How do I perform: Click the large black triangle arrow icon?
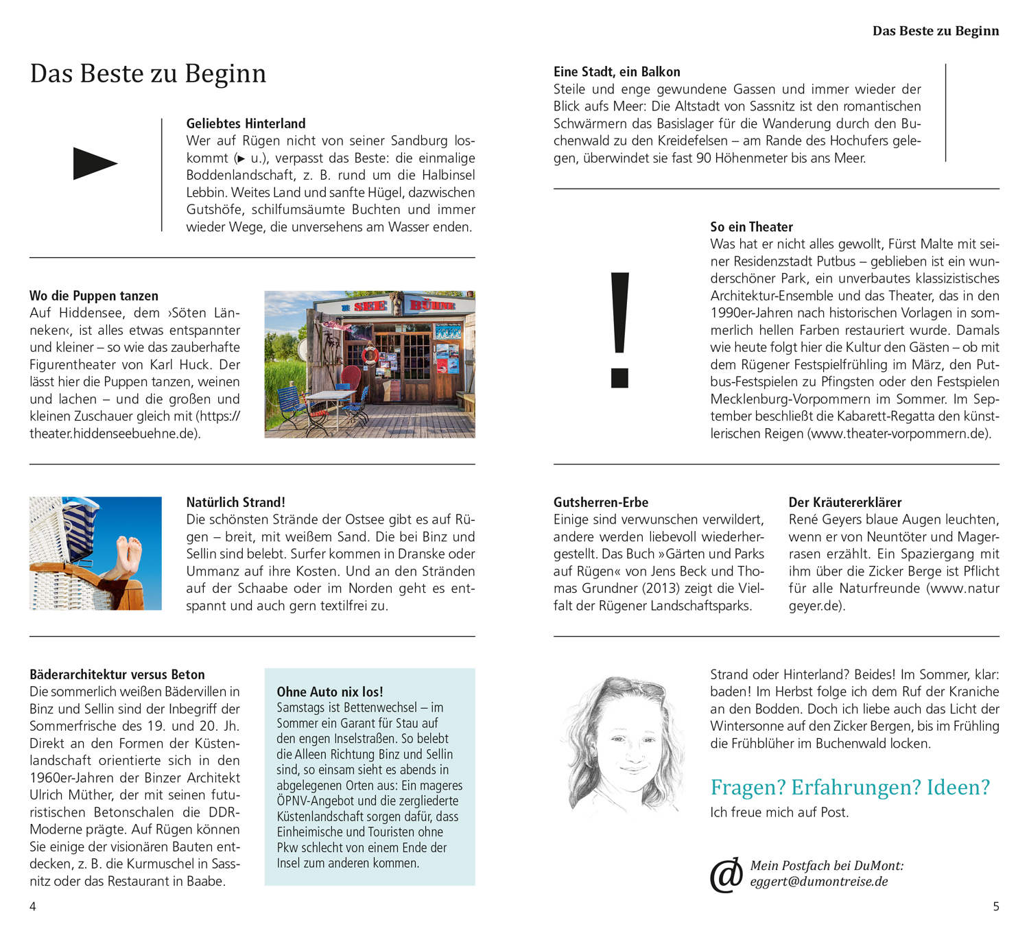click(95, 163)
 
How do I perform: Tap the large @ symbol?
click(726, 875)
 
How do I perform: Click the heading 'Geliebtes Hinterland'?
click(246, 123)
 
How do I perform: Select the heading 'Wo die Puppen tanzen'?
click(94, 296)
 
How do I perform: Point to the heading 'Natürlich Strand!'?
click(235, 502)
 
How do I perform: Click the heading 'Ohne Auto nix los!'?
click(330, 692)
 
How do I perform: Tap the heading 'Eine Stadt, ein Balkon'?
click(617, 72)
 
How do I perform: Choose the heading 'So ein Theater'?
click(751, 227)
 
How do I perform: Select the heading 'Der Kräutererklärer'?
click(845, 502)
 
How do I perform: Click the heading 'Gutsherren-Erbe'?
click(601, 502)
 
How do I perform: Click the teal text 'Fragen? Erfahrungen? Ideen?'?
click(850, 787)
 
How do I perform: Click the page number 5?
click(996, 906)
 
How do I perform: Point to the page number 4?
click(33, 906)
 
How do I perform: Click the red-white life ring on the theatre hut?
click(370, 355)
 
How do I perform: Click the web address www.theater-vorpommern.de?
click(899, 434)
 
